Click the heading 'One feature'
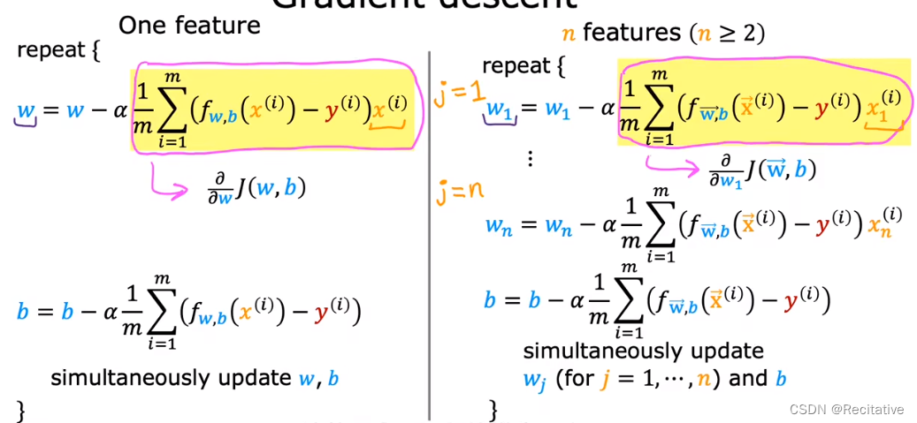189,25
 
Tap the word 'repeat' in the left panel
50,50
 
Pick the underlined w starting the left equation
27,112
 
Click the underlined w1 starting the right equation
500,111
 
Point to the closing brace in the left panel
21,410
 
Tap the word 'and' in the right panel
747,380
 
